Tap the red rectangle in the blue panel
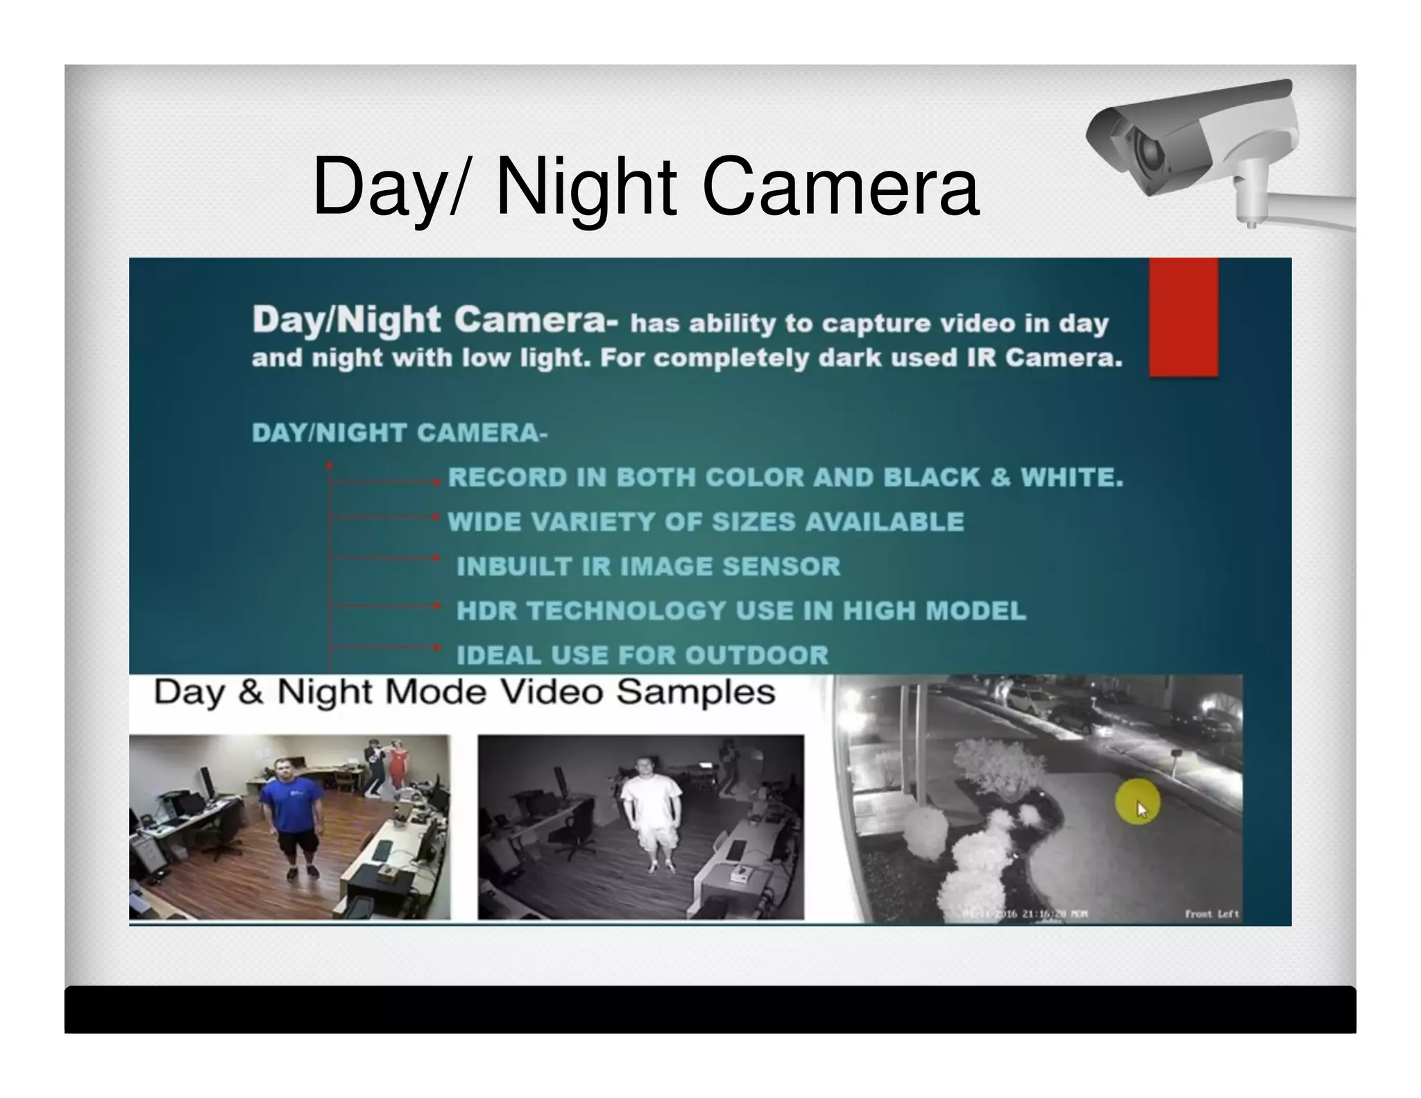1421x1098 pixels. pos(1183,317)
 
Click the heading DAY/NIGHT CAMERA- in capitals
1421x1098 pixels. pos(400,433)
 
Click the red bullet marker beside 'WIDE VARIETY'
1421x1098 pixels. pos(436,517)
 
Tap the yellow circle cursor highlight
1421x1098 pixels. pos(1137,802)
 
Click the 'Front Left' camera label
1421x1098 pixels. pos(1211,913)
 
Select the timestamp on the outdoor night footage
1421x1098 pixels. pos(1025,914)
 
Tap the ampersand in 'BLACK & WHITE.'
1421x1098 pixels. pos(1000,478)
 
